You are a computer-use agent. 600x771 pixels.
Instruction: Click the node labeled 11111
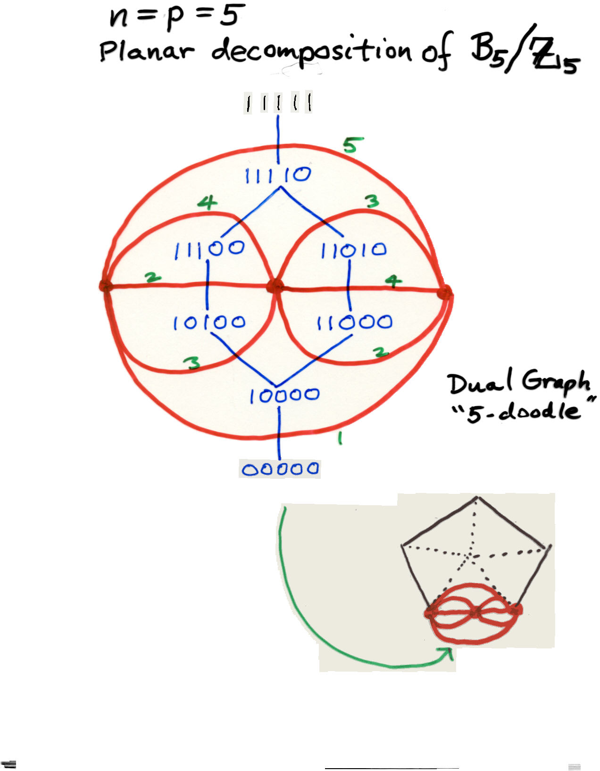point(278,103)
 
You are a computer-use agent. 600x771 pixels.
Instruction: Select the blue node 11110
point(278,175)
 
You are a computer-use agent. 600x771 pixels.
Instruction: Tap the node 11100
point(209,249)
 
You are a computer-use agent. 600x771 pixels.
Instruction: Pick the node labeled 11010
point(353,250)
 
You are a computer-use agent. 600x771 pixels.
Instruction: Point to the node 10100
point(209,323)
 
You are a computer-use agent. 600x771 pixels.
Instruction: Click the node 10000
point(284,395)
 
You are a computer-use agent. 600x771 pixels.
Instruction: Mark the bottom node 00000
point(280,469)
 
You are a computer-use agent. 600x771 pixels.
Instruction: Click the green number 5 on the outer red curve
point(353,146)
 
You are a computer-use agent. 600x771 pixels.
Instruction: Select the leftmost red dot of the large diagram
point(105,286)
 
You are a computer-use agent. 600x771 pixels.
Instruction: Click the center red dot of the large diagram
point(275,286)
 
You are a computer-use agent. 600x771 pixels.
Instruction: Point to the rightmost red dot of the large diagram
point(444,293)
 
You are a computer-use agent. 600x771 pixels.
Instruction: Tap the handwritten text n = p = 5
point(177,16)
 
